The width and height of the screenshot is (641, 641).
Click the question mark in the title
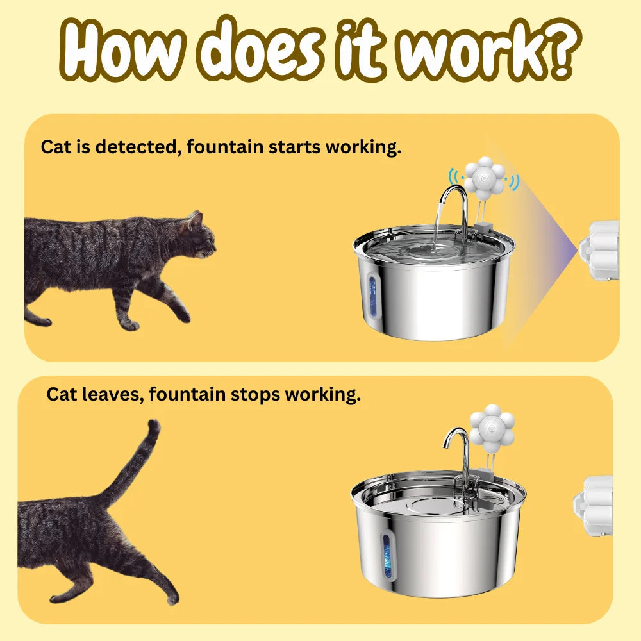[559, 49]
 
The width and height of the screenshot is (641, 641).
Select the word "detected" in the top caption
[138, 147]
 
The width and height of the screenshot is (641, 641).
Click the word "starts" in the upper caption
[294, 147]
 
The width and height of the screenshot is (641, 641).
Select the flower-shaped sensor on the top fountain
[485, 176]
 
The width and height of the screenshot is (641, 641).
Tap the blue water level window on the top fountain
[372, 296]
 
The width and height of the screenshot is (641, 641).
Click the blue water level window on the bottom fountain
[387, 556]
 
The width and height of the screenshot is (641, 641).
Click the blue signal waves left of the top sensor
[454, 177]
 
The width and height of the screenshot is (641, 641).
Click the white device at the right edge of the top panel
[599, 250]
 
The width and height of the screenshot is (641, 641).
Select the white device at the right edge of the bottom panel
[593, 505]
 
